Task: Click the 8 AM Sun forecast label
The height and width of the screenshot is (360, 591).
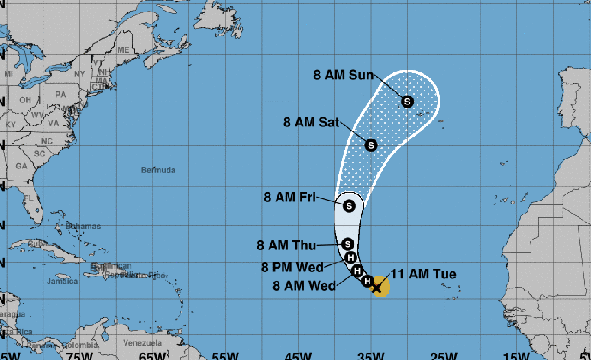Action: click(x=343, y=75)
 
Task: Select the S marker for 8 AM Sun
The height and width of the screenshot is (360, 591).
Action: click(x=407, y=101)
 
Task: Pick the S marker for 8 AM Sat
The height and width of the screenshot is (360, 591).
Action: click(x=371, y=145)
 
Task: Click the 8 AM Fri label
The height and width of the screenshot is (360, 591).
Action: click(x=289, y=197)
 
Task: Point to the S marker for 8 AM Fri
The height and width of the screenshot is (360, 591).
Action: click(x=350, y=205)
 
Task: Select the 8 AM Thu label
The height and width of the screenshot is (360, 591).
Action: click(x=286, y=245)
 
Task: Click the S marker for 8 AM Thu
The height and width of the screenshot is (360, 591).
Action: click(x=349, y=243)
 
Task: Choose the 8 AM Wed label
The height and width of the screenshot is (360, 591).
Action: click(x=304, y=286)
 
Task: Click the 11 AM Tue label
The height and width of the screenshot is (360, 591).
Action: click(x=424, y=274)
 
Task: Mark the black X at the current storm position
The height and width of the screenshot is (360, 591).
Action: click(x=376, y=288)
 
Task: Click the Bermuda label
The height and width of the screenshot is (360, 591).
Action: click(x=158, y=170)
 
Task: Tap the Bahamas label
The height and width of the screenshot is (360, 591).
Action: click(x=83, y=226)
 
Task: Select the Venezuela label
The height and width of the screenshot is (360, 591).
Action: click(x=143, y=343)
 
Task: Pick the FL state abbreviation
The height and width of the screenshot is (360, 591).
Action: click(x=29, y=198)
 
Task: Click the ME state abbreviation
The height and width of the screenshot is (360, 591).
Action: click(x=123, y=50)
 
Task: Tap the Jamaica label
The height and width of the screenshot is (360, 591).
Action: click(x=62, y=281)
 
